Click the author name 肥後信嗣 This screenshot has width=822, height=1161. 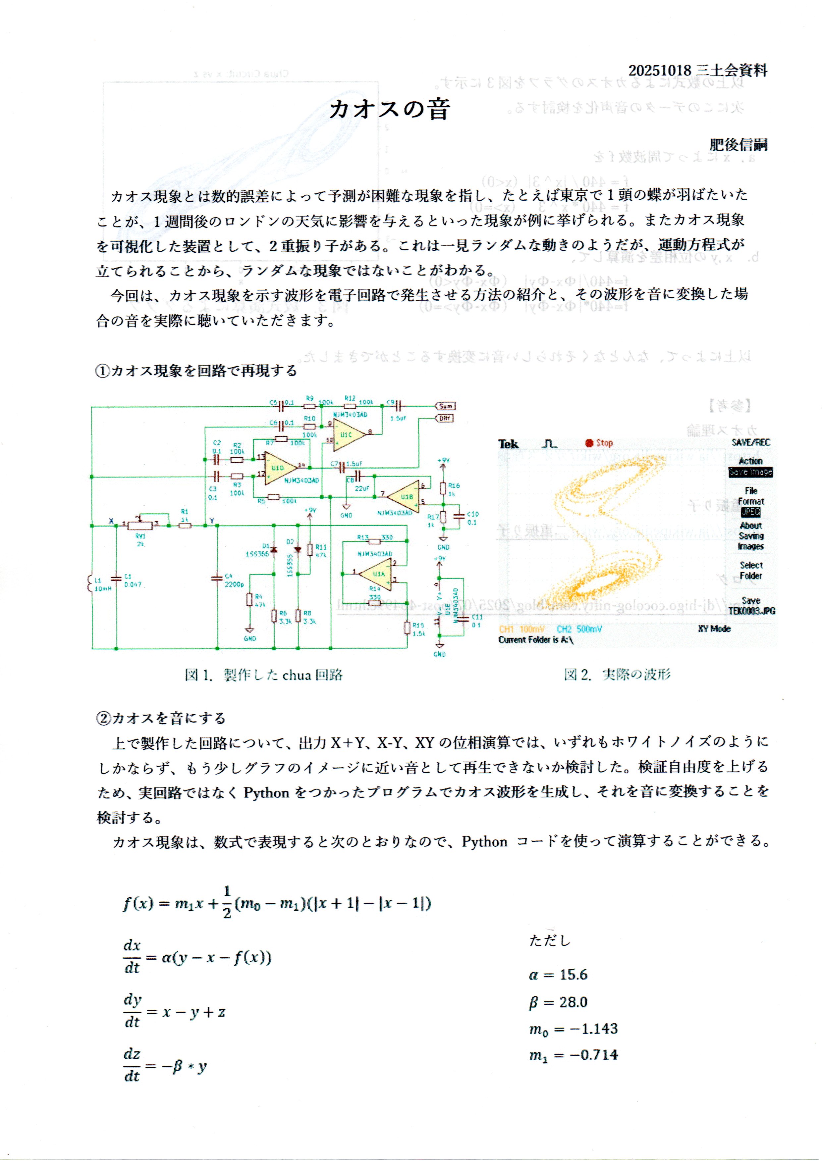click(x=738, y=145)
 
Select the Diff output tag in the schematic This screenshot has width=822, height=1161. click(x=444, y=418)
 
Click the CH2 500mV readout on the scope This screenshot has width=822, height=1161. click(x=579, y=629)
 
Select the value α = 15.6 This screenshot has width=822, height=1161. click(x=558, y=974)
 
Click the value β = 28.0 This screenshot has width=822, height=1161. click(x=558, y=1002)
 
